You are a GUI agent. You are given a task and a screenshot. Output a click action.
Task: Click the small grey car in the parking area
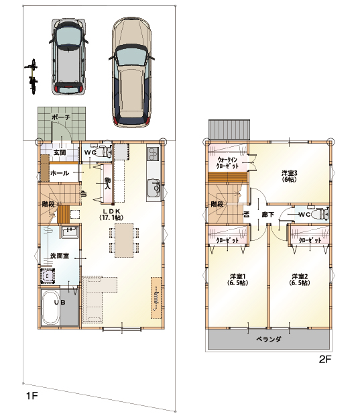(x=68, y=56)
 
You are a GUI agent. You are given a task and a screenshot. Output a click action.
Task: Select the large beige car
(x=132, y=72)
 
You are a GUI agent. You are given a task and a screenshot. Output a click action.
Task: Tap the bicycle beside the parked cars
(x=33, y=76)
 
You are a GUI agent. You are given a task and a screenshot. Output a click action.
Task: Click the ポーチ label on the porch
(x=61, y=117)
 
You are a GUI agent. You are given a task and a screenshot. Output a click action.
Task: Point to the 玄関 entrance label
(x=60, y=152)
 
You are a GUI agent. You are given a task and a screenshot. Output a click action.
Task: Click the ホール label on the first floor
(x=60, y=173)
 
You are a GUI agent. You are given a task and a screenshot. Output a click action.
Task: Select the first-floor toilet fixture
(x=102, y=152)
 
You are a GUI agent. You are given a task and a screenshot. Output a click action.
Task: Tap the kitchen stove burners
(x=154, y=154)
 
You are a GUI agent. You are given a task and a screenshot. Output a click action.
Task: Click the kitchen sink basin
(x=154, y=189)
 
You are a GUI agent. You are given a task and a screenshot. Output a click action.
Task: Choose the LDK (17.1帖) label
(x=111, y=214)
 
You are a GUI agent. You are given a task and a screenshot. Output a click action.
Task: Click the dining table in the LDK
(x=124, y=240)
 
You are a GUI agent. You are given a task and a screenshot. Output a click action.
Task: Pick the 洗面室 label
(x=60, y=256)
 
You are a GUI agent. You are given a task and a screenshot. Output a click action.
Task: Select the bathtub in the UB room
(x=50, y=308)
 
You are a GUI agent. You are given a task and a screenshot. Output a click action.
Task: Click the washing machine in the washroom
(x=48, y=276)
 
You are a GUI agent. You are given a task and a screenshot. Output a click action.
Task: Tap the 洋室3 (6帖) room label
(x=289, y=176)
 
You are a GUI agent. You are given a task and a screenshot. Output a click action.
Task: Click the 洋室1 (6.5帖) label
(x=237, y=279)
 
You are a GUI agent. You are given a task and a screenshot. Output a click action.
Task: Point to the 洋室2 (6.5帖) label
(x=300, y=279)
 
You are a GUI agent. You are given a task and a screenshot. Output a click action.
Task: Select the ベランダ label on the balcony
(x=269, y=339)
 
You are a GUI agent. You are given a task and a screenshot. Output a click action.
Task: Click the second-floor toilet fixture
(x=320, y=214)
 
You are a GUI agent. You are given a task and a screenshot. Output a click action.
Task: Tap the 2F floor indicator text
(x=325, y=359)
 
